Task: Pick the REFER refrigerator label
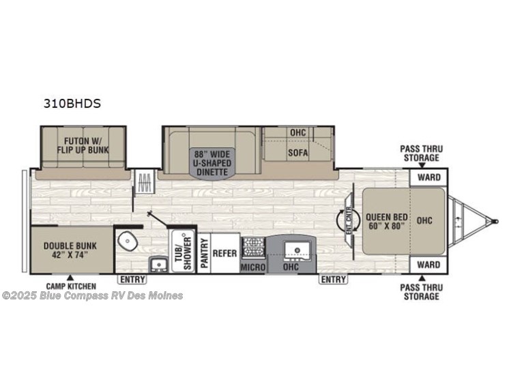(224, 253)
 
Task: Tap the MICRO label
(252, 267)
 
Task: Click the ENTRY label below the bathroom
(132, 279)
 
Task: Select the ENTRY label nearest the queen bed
(333, 279)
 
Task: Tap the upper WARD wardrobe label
(428, 177)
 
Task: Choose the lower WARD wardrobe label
(428, 265)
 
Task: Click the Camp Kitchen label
(71, 286)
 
